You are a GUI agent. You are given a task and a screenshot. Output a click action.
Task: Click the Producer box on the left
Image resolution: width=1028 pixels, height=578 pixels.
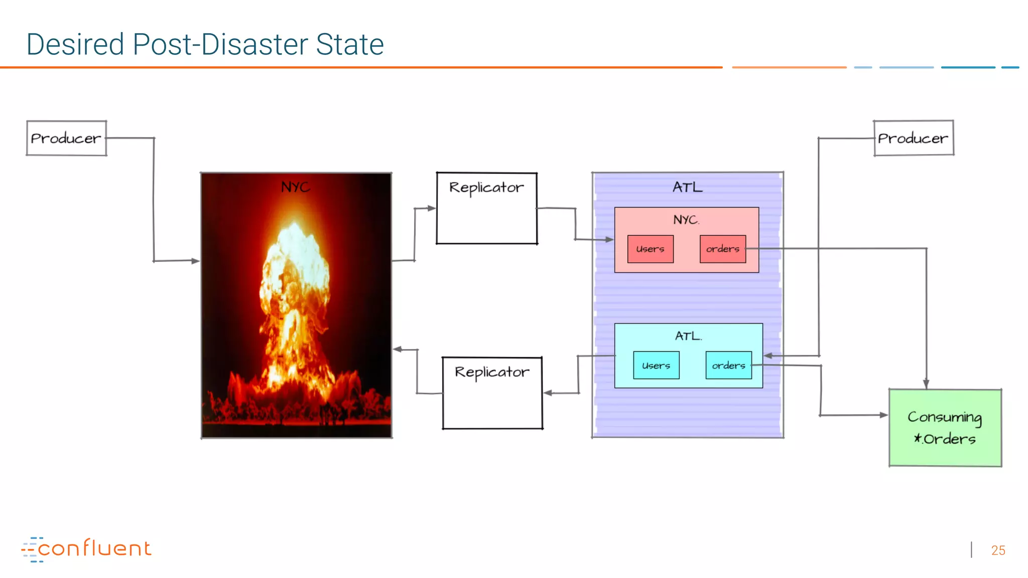pyautogui.click(x=66, y=138)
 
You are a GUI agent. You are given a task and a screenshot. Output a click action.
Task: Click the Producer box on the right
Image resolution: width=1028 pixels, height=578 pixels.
pyautogui.click(x=913, y=138)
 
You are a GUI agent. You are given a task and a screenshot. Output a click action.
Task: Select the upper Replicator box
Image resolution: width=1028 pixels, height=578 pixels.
pyautogui.click(x=486, y=208)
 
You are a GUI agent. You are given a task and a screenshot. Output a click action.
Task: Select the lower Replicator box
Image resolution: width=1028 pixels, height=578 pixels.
pyautogui.click(x=492, y=393)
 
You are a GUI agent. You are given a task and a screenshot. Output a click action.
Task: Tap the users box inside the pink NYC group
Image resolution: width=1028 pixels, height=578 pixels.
pyautogui.click(x=650, y=249)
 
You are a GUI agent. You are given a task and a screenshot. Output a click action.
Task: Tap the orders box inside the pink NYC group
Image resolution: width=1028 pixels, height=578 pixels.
pyautogui.click(x=722, y=249)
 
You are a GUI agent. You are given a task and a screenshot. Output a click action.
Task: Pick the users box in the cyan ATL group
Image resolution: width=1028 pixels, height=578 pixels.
pyautogui.click(x=656, y=365)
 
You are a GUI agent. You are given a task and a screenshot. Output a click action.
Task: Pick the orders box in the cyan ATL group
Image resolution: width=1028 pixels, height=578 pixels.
pyautogui.click(x=728, y=365)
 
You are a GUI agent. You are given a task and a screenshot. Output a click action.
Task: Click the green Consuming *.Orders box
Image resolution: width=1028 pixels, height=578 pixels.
pyautogui.click(x=945, y=428)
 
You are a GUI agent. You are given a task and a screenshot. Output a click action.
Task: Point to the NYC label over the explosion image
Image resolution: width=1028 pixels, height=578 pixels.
pyautogui.click(x=295, y=187)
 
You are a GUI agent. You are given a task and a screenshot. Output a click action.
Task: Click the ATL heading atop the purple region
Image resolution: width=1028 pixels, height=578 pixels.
pyautogui.click(x=687, y=187)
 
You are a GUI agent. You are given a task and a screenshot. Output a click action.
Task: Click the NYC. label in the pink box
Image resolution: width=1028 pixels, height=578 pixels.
pyautogui.click(x=686, y=220)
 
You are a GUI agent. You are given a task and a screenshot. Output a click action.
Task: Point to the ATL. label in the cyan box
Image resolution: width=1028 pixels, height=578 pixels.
pyautogui.click(x=688, y=336)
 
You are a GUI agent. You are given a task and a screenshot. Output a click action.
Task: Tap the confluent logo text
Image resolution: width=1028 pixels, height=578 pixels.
pyautogui.click(x=94, y=548)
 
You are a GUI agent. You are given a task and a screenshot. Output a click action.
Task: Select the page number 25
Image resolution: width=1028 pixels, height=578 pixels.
pyautogui.click(x=998, y=550)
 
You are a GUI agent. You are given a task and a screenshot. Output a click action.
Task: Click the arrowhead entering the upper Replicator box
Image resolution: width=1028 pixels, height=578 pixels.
pyautogui.click(x=431, y=208)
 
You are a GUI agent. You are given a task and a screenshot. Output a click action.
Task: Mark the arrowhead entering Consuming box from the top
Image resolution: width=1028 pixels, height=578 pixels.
pyautogui.click(x=926, y=384)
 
